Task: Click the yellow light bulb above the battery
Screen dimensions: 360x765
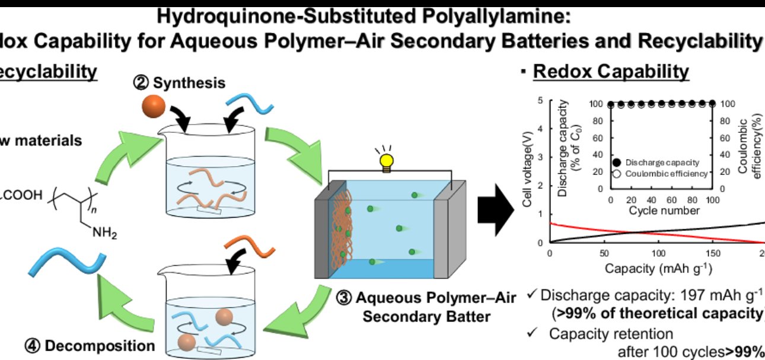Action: (387, 161)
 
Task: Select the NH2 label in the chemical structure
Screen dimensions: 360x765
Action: (104, 232)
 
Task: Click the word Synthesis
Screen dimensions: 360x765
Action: (189, 82)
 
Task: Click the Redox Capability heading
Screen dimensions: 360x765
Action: (611, 72)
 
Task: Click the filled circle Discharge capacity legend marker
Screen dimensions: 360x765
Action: (617, 162)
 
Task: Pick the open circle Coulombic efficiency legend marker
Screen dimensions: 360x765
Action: (617, 173)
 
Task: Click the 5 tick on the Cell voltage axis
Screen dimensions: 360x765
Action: (540, 101)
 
